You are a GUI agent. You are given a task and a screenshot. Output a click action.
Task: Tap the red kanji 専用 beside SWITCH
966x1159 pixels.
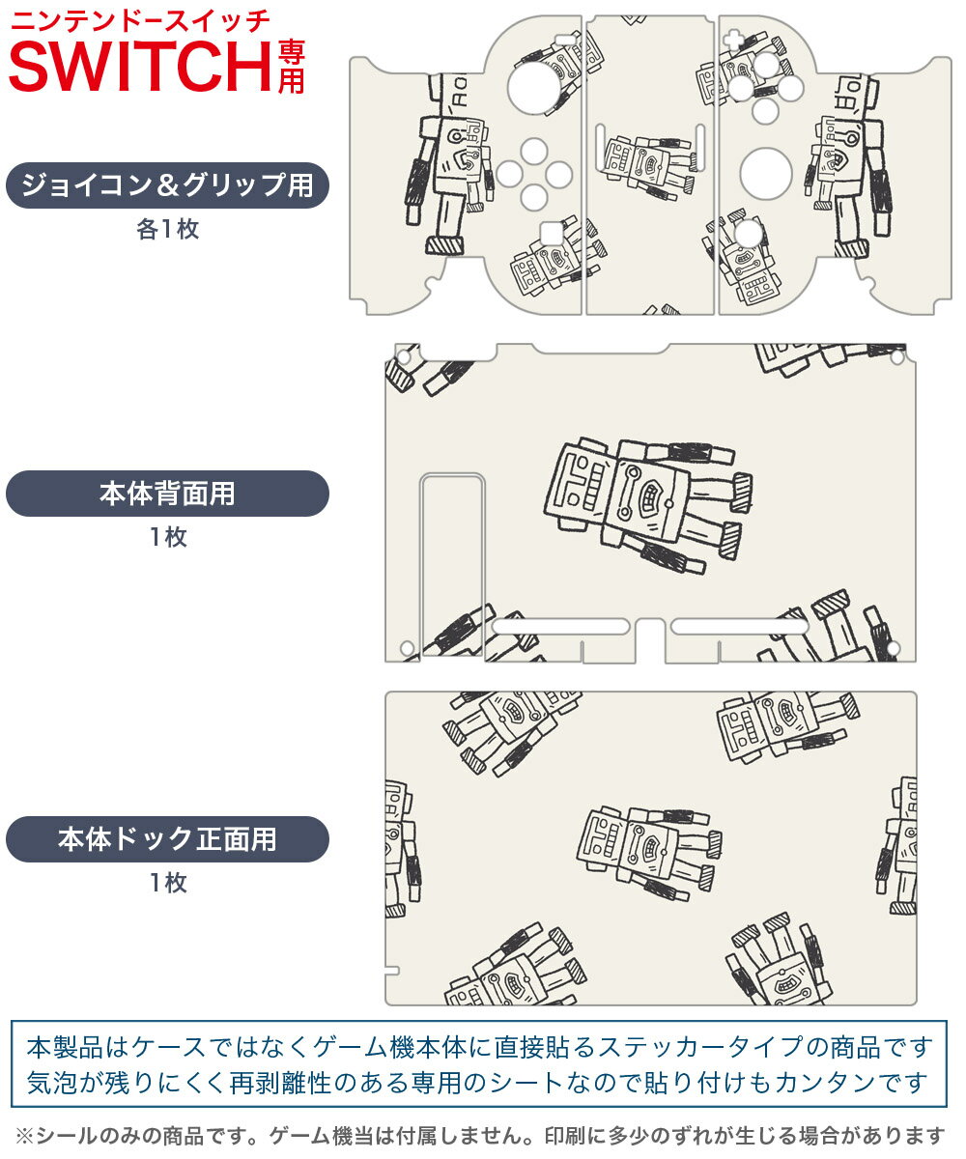point(291,65)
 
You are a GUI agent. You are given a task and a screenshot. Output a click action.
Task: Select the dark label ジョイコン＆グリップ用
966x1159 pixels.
point(167,185)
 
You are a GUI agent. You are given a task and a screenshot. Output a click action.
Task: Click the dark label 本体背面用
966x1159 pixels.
point(167,494)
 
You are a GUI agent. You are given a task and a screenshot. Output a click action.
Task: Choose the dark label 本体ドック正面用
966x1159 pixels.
point(167,839)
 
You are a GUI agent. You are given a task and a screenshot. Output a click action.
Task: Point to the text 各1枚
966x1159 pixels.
point(167,231)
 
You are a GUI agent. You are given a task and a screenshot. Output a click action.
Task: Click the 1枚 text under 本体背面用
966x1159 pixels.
point(167,538)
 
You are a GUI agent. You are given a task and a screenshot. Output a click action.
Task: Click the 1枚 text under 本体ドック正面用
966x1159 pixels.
point(167,883)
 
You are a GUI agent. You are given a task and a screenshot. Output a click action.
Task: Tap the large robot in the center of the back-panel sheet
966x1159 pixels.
point(645,503)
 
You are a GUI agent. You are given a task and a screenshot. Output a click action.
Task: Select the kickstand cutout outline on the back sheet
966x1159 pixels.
point(452,565)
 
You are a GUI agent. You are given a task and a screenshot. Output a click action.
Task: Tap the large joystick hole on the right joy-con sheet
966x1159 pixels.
point(766,174)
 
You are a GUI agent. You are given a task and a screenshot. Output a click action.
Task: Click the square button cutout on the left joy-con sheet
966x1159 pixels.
point(550,233)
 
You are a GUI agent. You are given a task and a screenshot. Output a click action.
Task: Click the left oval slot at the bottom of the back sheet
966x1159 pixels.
point(561,627)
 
